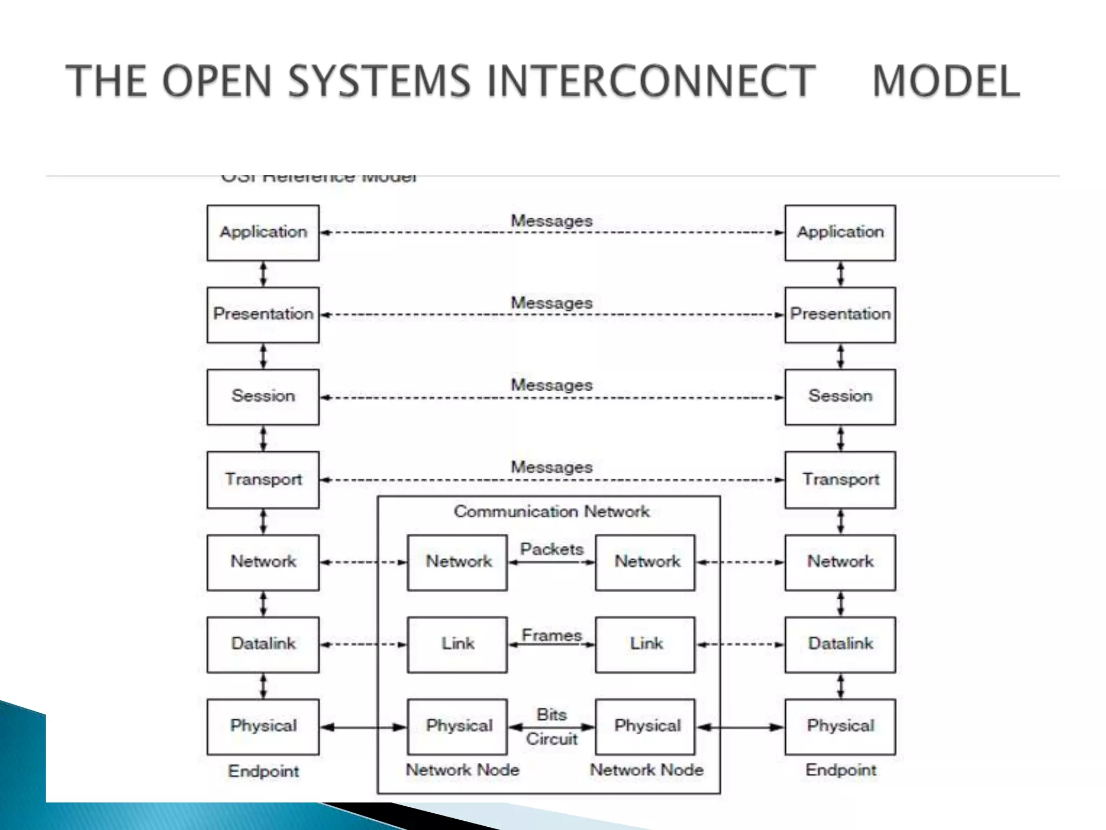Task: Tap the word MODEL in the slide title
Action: click(x=946, y=81)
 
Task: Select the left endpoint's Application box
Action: click(x=263, y=232)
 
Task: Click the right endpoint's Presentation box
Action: click(x=840, y=314)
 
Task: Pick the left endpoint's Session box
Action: click(x=263, y=397)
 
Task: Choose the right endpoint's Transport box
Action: click(x=840, y=479)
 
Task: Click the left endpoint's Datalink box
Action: click(x=263, y=644)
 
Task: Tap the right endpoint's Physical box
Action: click(x=840, y=726)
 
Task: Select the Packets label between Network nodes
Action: click(x=551, y=549)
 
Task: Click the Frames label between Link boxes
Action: click(x=551, y=635)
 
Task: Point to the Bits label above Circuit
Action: click(x=551, y=714)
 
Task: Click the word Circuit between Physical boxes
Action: click(x=551, y=739)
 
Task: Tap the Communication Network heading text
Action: click(x=551, y=511)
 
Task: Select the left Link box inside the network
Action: click(x=457, y=644)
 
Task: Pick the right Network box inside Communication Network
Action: click(x=645, y=562)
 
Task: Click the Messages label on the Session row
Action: click(x=551, y=385)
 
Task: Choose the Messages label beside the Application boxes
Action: click(x=551, y=220)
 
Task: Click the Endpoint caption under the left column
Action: click(x=263, y=771)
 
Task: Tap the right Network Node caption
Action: click(x=646, y=769)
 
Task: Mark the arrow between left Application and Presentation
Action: click(x=264, y=274)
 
